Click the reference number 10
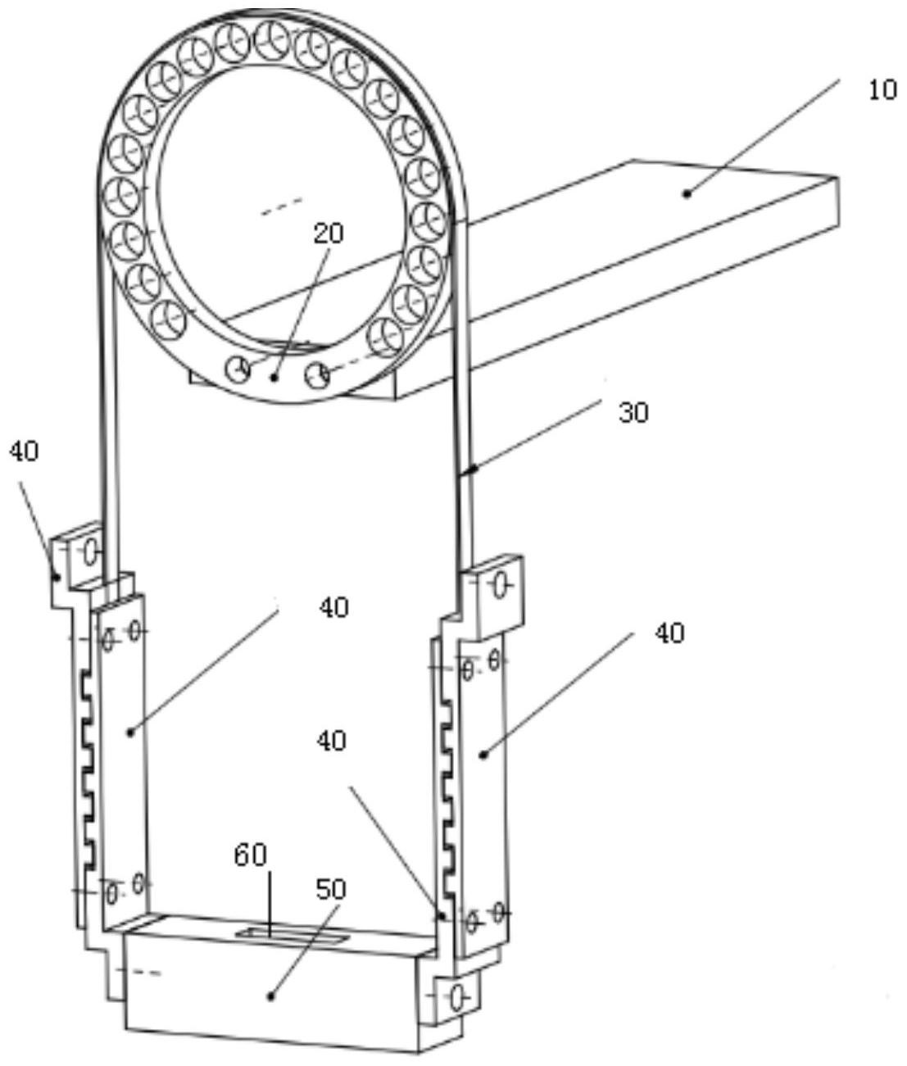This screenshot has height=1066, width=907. [882, 90]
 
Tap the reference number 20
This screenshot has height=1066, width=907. [329, 234]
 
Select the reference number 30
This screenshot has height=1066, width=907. [633, 413]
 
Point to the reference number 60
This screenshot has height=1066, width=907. [250, 855]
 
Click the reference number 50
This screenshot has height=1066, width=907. [330, 890]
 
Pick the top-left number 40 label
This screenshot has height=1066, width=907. [24, 451]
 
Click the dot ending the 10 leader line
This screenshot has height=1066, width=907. [687, 193]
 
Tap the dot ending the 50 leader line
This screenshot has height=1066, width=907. [270, 997]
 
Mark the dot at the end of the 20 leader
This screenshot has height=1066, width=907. [274, 378]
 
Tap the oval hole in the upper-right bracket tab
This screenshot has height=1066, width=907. [499, 587]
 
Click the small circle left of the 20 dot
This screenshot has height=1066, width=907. [238, 370]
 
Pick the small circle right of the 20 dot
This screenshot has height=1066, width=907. [317, 374]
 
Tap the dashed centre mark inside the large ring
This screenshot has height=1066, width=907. [282, 206]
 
